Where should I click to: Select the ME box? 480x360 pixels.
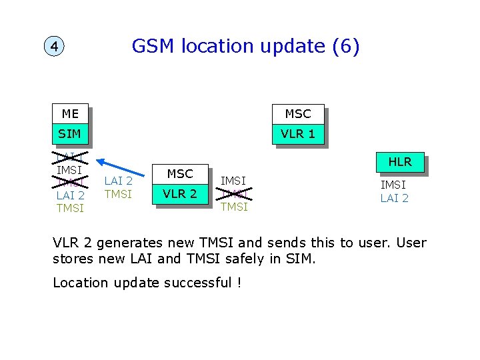(x=70, y=114)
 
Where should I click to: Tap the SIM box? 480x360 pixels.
(x=70, y=134)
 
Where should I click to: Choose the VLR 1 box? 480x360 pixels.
(x=297, y=134)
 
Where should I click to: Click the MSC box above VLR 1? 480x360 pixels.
(x=297, y=114)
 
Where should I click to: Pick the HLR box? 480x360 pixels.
(x=399, y=162)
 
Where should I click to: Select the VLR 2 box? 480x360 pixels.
(x=180, y=194)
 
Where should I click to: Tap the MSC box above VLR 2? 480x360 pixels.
(x=180, y=174)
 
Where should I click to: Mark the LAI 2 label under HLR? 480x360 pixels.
(x=394, y=198)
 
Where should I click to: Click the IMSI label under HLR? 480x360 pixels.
(x=394, y=185)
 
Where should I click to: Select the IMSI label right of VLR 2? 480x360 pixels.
(x=233, y=181)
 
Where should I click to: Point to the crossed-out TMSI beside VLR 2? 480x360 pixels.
(x=233, y=194)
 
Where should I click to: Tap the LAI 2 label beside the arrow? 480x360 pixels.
(x=119, y=181)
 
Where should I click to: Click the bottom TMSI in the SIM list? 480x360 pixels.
(x=70, y=208)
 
